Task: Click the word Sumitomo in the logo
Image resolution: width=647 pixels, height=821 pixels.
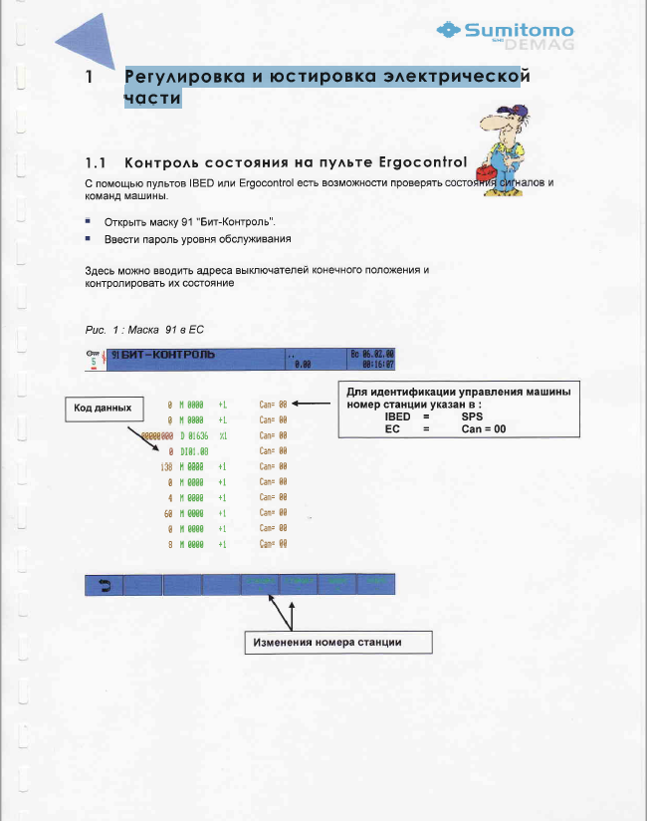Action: (x=519, y=30)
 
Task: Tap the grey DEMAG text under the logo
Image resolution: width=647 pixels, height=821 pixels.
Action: (x=545, y=45)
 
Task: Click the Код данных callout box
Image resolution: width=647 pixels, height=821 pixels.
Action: (x=104, y=408)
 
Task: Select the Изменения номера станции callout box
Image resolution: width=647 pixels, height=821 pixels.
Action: (x=339, y=642)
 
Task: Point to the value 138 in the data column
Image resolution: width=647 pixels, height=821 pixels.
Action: (x=166, y=466)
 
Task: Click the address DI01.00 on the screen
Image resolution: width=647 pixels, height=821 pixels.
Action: (x=194, y=450)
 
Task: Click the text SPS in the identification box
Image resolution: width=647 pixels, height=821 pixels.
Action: (x=472, y=416)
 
